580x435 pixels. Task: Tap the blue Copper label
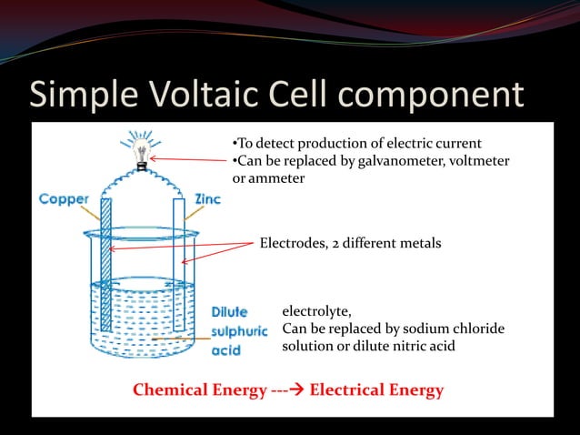[x=64, y=199]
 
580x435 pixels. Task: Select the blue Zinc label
[x=208, y=198]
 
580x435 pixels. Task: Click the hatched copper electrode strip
[x=105, y=264]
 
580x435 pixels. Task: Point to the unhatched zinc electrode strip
[x=178, y=264]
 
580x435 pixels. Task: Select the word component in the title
[x=435, y=96]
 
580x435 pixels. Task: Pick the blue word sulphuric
[x=239, y=331]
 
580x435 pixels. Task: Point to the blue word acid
[x=226, y=350]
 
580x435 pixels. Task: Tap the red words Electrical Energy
[x=376, y=390]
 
